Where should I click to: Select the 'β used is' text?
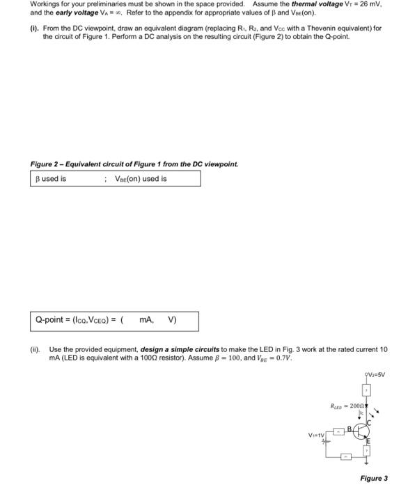point(51,178)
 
